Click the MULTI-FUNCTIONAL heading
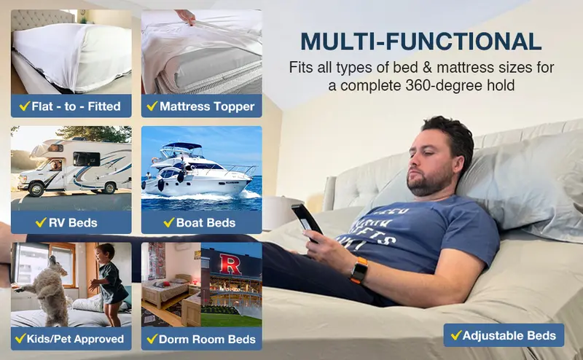[420, 40]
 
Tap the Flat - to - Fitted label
[71, 106]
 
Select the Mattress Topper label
[201, 106]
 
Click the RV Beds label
[71, 222]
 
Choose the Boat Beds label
[201, 222]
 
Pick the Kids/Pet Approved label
[71, 338]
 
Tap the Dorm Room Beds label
[201, 338]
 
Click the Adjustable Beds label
[504, 335]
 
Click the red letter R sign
[230, 264]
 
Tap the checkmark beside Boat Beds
[168, 222]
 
